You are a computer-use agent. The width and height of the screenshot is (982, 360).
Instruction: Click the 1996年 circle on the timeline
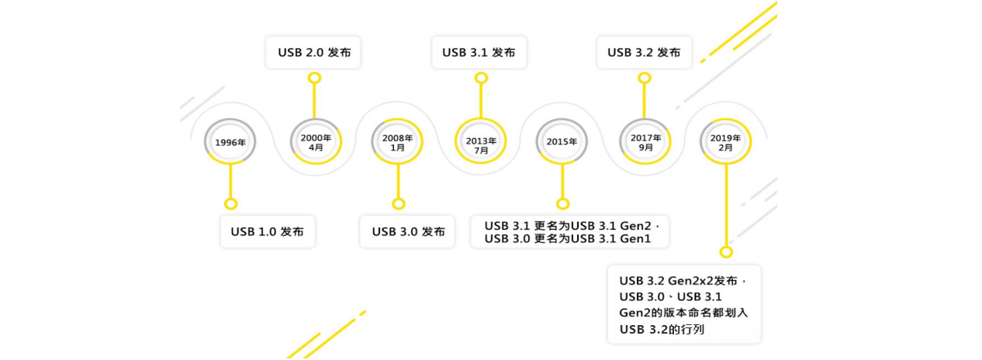point(230,142)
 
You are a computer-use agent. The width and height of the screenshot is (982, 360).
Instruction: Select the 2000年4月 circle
point(316,142)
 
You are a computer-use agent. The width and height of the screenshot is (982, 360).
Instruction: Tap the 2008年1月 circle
point(398,142)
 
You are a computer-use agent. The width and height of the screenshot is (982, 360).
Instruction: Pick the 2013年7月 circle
point(481,142)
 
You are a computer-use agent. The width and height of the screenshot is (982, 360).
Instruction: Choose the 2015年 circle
point(562,142)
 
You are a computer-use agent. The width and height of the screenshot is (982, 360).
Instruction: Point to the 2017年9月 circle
point(645,142)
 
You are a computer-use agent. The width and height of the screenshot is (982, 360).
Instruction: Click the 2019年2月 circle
point(726,142)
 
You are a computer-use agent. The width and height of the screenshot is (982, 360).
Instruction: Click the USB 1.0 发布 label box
point(268,231)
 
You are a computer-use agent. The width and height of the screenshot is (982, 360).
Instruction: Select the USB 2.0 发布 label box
point(313,53)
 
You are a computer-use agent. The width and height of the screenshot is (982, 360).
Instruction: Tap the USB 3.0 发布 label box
point(408,231)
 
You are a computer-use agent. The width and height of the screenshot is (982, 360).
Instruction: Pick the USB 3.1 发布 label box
point(479,53)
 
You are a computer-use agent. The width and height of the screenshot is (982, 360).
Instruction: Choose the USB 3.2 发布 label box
point(644,53)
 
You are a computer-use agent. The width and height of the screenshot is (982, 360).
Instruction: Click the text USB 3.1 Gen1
point(620,239)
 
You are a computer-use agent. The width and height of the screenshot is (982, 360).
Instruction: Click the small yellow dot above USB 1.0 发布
point(230,203)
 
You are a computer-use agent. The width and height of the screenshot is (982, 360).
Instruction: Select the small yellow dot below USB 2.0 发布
point(314,78)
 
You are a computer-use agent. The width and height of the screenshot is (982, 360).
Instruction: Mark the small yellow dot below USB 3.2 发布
point(644,78)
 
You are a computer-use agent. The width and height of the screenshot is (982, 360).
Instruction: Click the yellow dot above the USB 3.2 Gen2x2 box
point(726,252)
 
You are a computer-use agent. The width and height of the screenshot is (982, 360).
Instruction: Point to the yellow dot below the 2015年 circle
point(563,203)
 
